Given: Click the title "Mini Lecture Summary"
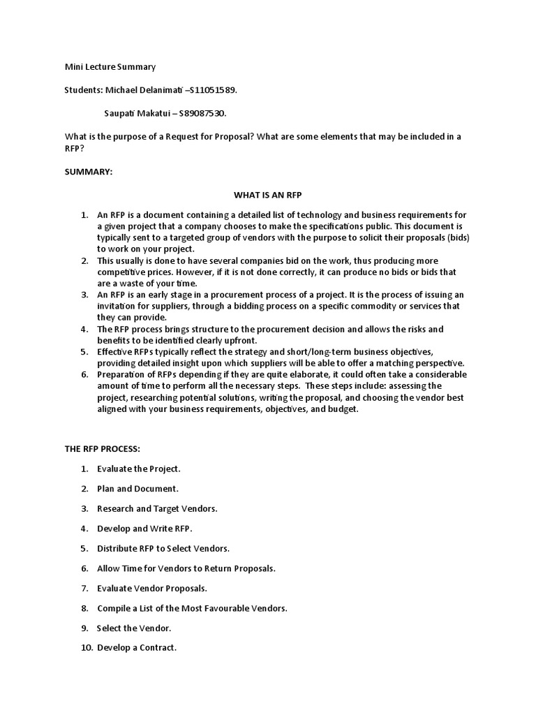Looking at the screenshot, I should tap(110, 67).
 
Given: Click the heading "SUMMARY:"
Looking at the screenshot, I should tap(88, 171).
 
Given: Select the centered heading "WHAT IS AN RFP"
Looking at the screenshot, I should tap(267, 194).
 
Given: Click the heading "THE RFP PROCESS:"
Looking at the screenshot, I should tap(103, 448).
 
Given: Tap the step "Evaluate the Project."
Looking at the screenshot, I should tap(139, 469).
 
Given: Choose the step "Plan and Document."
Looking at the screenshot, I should tap(138, 489).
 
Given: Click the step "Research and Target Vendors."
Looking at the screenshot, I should tap(157, 508).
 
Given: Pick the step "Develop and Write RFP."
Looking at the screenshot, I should tap(144, 529).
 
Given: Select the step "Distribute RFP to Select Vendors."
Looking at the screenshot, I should tap(163, 548).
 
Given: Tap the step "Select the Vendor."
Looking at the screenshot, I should tap(134, 628).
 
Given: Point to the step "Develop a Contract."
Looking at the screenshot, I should tap(137, 648).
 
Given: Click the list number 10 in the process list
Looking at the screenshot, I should tap(87, 648).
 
